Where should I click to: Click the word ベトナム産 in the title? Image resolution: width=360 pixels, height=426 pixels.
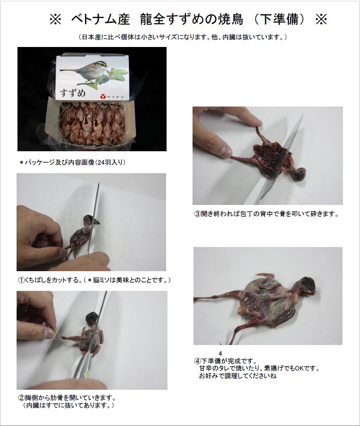[101, 20]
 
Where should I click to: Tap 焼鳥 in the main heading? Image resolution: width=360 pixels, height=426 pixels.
[231, 20]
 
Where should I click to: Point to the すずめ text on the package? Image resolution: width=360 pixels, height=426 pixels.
[73, 93]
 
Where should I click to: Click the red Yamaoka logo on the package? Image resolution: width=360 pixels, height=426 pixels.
[103, 97]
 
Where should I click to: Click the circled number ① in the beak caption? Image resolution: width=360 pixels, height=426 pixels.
[21, 280]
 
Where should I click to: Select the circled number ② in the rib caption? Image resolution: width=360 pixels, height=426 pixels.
[21, 398]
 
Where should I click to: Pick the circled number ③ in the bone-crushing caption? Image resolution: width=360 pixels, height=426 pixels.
[197, 214]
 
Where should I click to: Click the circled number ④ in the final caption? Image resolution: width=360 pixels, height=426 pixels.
[197, 362]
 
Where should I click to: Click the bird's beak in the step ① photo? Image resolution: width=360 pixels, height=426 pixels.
[97, 222]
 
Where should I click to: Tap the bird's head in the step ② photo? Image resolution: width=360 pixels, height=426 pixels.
[92, 318]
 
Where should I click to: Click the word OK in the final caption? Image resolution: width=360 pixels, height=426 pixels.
[300, 369]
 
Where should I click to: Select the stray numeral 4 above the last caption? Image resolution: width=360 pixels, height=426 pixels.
[220, 354]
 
